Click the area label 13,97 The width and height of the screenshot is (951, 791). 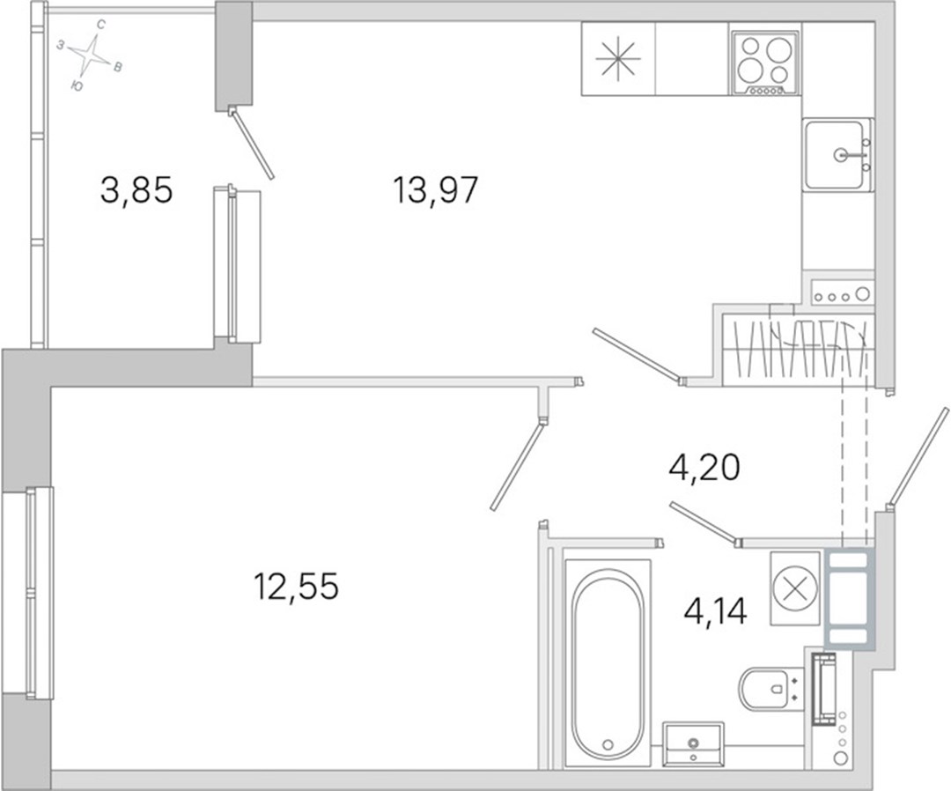coord(436,190)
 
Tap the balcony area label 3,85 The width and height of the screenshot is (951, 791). coord(136,190)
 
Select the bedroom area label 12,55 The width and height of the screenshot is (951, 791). coord(296,587)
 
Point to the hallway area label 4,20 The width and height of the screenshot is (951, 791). coord(704,469)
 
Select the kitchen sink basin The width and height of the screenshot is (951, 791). coord(834,155)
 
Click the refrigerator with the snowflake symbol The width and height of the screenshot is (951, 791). coord(618,59)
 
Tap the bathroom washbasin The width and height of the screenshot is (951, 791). coord(693,744)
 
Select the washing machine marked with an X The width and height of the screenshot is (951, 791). coord(796,588)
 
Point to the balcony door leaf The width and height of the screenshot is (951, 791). coord(251,144)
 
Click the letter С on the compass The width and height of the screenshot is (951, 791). coord(102,25)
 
